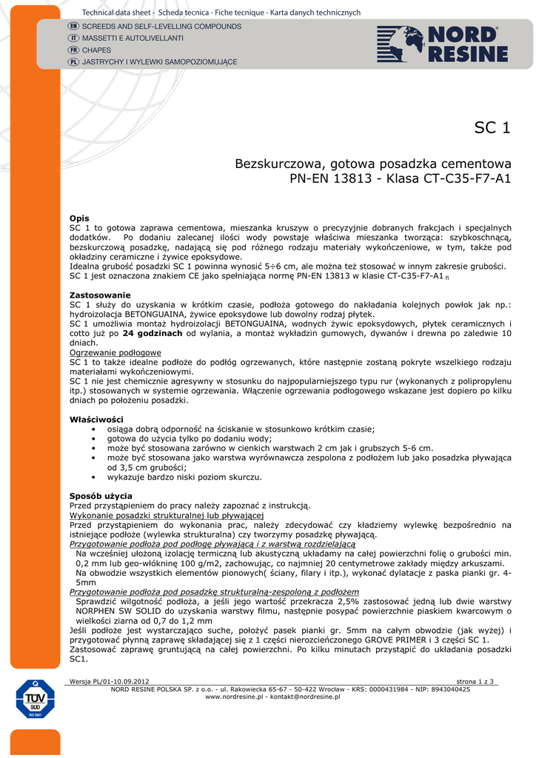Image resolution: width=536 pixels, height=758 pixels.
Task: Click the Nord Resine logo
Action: click(442, 44)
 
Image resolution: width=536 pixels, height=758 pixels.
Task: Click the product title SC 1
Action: click(492, 127)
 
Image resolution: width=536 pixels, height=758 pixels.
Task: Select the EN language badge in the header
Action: click(73, 27)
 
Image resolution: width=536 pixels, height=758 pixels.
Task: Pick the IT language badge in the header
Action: click(73, 38)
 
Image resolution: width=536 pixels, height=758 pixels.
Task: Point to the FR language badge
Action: click(73, 50)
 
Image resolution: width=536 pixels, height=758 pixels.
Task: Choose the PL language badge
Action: click(73, 61)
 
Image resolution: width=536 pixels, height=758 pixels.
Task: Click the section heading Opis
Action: click(79, 218)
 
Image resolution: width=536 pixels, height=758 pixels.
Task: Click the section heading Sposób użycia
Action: click(101, 495)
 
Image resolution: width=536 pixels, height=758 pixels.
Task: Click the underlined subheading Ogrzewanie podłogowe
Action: click(115, 352)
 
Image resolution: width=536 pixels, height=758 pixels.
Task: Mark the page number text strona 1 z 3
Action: click(475, 681)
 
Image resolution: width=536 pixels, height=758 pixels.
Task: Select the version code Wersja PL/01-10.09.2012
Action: click(109, 681)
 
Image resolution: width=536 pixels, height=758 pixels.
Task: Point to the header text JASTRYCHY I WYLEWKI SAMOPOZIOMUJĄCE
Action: click(159, 61)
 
